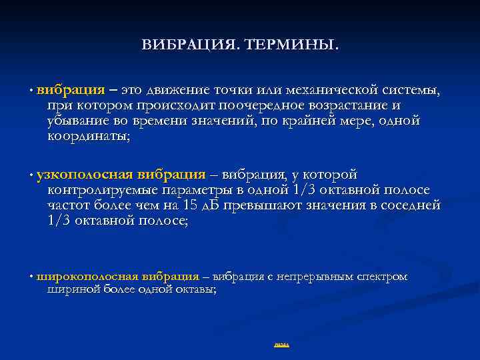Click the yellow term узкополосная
pos(85,175)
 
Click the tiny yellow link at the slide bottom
pos(281,345)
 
